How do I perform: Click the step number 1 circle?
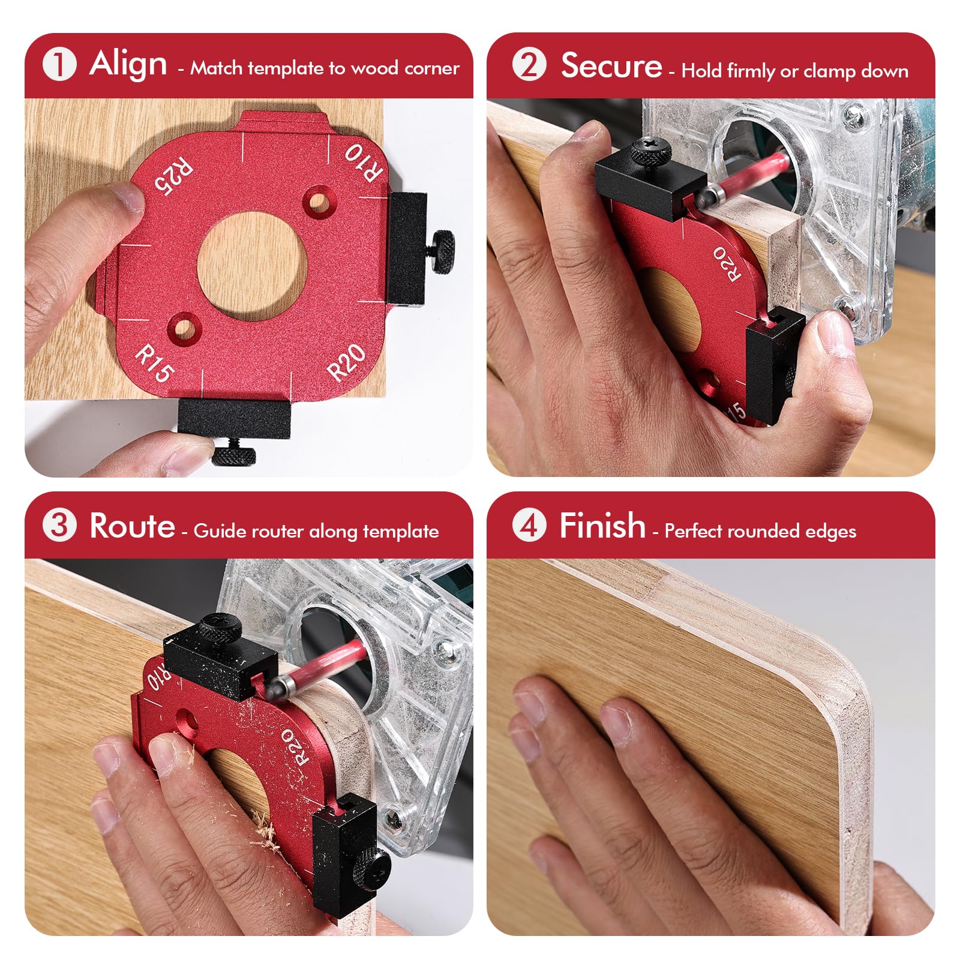(x=59, y=64)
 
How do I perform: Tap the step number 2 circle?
(x=529, y=64)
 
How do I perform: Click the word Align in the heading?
(x=128, y=64)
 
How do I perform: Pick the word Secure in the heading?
(x=611, y=65)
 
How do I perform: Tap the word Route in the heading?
(x=132, y=526)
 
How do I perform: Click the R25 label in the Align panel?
(x=173, y=176)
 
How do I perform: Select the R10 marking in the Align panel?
(x=364, y=162)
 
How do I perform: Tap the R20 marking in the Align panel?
(x=347, y=362)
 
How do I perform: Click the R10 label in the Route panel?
(x=158, y=678)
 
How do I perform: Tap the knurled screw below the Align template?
(x=233, y=455)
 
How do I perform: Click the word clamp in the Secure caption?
(x=831, y=71)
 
